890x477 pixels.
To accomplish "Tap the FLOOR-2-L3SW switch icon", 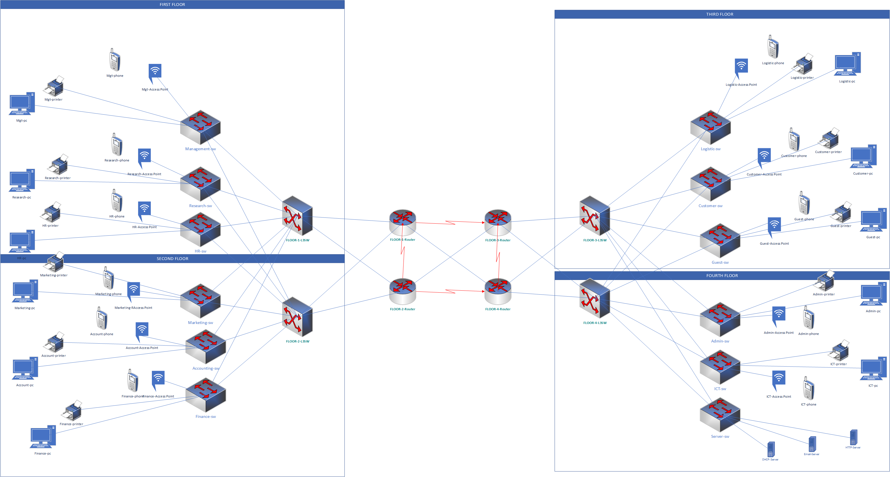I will click(298, 317).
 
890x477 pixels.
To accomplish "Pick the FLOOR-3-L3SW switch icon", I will click(595, 216).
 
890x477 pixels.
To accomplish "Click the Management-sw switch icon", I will click(200, 127).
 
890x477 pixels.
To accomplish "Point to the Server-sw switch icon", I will click(720, 415).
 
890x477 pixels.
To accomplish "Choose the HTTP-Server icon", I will click(853, 437).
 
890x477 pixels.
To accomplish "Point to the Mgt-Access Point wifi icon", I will click(155, 73).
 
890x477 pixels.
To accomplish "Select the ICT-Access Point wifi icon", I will click(778, 381).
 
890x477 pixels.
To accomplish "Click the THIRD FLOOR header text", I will click(720, 14).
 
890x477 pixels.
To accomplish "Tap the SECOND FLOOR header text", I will click(172, 259).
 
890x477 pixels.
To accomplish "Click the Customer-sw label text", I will click(710, 206).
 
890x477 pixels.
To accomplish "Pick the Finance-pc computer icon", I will click(43, 437).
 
